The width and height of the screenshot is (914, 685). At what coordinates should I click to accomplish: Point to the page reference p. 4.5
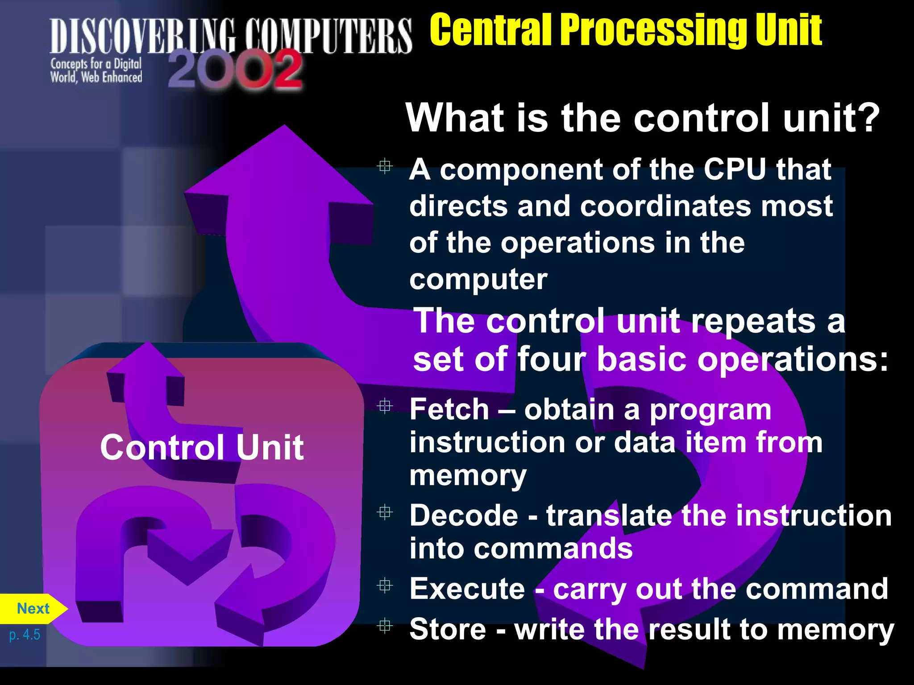point(25,634)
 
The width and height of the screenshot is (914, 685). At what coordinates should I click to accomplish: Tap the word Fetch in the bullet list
point(449,409)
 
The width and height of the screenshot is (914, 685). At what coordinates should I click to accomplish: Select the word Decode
point(464,516)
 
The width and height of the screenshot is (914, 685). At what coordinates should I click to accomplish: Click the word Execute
point(467,589)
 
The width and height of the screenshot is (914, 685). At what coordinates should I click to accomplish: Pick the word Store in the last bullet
point(447,629)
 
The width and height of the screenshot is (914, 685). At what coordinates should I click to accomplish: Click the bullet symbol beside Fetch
point(384,406)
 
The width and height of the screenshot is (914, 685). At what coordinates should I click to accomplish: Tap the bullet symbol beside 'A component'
point(384,167)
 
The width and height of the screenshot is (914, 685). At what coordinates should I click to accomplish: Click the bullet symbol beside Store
point(384,626)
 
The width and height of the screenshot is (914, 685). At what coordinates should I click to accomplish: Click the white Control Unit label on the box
point(202,447)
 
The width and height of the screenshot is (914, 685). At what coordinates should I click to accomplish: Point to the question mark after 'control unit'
point(868,118)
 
